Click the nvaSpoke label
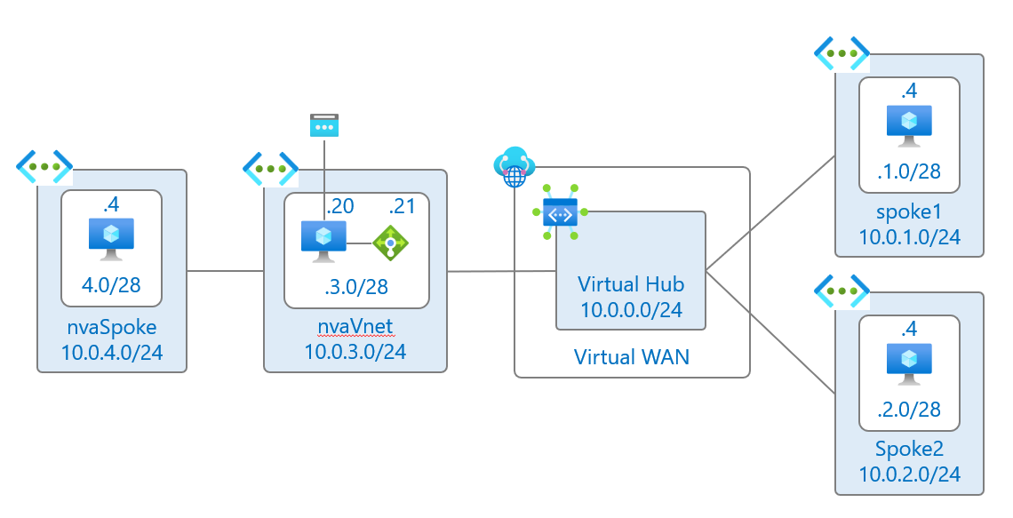[111, 328]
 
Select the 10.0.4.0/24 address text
[111, 353]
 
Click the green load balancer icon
[389, 242]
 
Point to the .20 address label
[340, 207]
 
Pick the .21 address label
[402, 207]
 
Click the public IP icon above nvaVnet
[323, 125]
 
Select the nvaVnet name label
[355, 328]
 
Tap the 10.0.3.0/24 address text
[355, 353]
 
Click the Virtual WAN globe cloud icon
[514, 167]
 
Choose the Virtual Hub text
[632, 284]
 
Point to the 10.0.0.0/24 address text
[632, 310]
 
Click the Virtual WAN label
[632, 357]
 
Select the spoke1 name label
[909, 214]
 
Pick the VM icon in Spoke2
[909, 365]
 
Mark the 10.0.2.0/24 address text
[909, 474]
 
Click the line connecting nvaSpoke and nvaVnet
[225, 270]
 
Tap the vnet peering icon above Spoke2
[842, 291]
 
